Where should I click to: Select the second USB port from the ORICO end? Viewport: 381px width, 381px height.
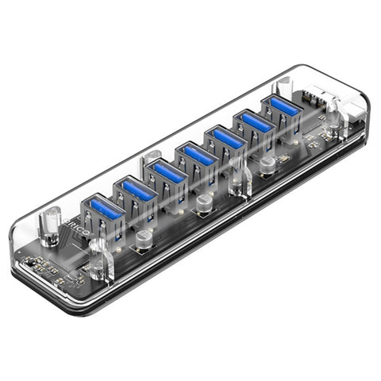click(x=136, y=189)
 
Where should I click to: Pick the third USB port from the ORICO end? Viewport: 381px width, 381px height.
click(x=167, y=170)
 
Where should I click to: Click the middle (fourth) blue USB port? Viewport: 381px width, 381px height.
click(x=198, y=153)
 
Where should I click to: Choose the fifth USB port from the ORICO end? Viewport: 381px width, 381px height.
click(x=229, y=136)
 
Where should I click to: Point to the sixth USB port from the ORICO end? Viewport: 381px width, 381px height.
click(x=256, y=120)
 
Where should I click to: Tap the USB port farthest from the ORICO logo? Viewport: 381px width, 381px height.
click(x=283, y=104)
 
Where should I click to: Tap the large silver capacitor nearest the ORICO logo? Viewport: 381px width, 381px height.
click(x=144, y=241)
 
